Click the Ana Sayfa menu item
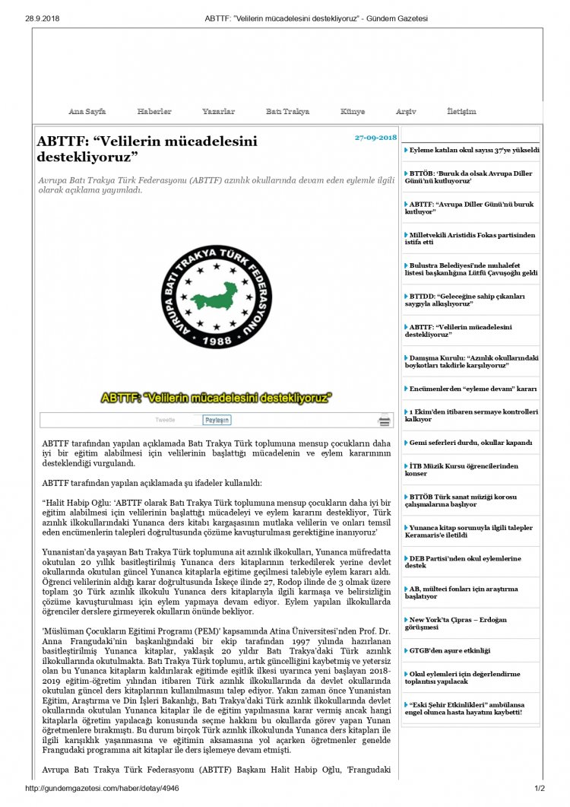point(87,112)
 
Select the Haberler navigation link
point(154,112)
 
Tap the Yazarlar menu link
point(218,112)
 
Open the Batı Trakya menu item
point(287,112)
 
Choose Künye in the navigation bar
point(353,112)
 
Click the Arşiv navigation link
point(406,112)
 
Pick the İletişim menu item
point(461,112)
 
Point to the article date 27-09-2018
point(375,138)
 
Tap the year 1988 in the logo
point(218,342)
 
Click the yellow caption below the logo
point(217,397)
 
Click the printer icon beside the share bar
point(385,420)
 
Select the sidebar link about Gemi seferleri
point(470,443)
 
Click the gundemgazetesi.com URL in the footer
point(102,789)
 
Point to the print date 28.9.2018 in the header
point(43,17)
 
